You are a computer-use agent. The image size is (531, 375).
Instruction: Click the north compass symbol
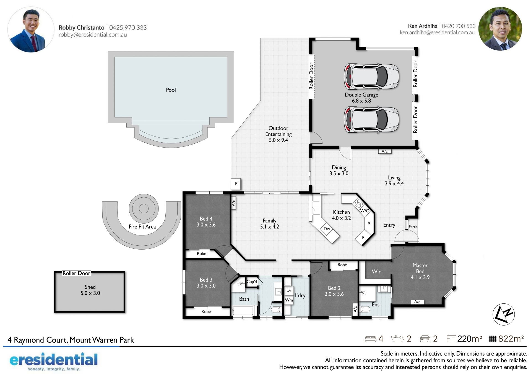[503, 314]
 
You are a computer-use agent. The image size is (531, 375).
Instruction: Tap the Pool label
[171, 90]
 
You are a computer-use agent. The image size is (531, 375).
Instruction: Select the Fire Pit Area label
[142, 227]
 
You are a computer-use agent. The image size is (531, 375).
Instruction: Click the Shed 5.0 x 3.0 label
[90, 290]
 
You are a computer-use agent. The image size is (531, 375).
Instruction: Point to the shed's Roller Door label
[76, 273]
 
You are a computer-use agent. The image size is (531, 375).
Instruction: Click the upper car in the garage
[371, 76]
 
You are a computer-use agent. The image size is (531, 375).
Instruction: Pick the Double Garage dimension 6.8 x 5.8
[361, 101]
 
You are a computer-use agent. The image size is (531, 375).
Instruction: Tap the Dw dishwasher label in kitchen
[327, 229]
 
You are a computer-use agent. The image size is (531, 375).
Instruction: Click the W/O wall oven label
[365, 211]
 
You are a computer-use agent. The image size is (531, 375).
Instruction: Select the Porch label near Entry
[413, 227]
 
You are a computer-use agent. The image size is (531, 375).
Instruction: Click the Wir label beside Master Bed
[376, 272]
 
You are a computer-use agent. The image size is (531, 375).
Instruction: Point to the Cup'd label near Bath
[252, 282]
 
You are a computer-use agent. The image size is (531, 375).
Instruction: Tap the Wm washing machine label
[289, 300]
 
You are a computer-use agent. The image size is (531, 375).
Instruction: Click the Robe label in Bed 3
[206, 311]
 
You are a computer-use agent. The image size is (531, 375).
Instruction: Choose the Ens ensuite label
[376, 305]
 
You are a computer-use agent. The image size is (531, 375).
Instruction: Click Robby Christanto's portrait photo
[31, 30]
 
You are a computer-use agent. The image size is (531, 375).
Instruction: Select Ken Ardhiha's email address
[437, 33]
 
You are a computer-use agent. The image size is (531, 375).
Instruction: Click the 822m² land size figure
[511, 339]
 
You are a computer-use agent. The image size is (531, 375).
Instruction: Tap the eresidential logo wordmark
[54, 359]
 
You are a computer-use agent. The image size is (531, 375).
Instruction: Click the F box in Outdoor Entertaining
[236, 183]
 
